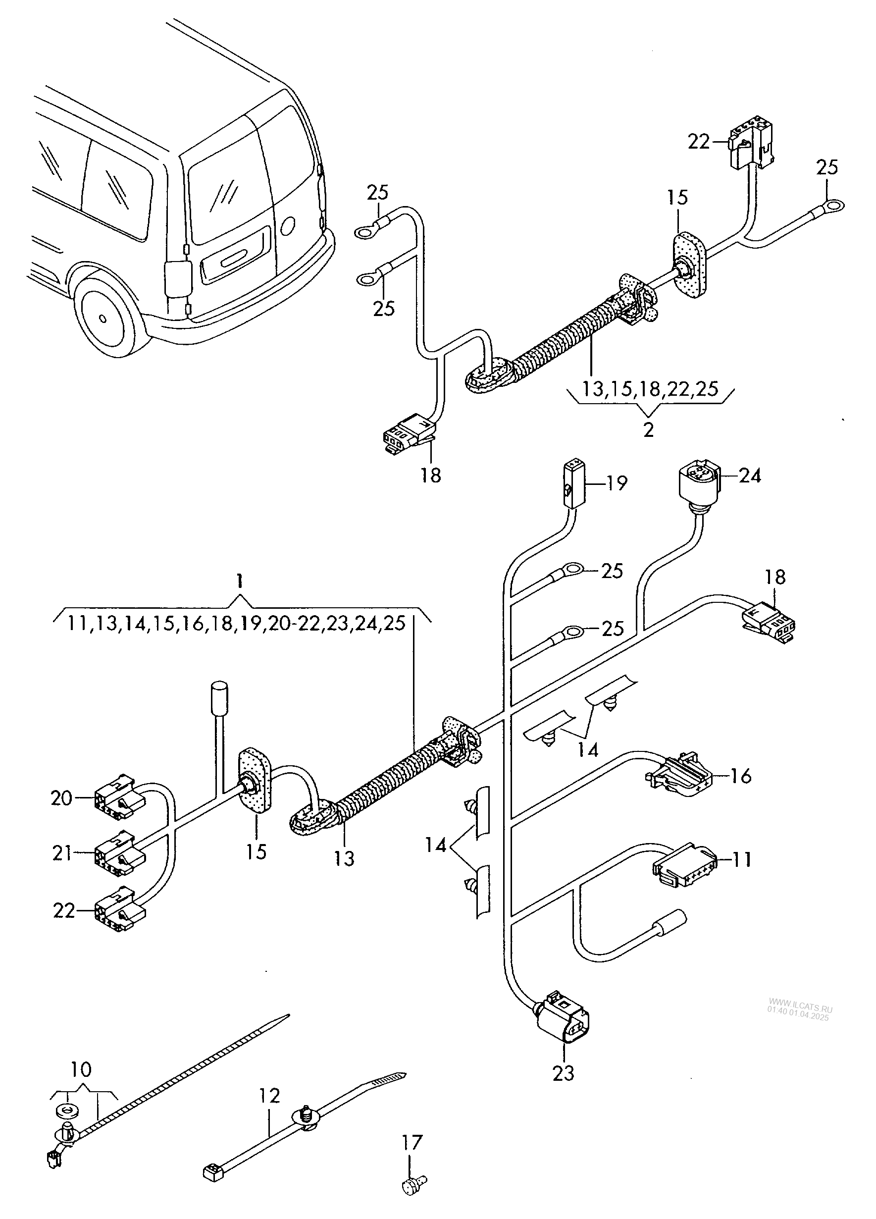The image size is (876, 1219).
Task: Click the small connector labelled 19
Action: (x=573, y=482)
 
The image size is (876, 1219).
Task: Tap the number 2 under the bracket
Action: (x=649, y=430)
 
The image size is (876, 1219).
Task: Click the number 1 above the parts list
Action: (x=240, y=581)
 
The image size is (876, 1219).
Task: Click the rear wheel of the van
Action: (x=105, y=317)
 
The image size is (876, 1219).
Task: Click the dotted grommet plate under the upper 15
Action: (x=689, y=265)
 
